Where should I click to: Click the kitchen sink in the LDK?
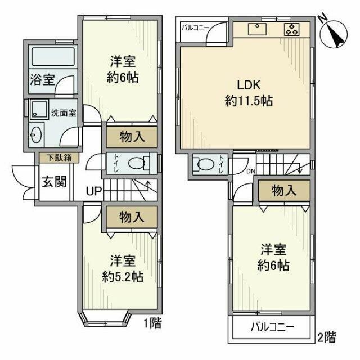(x=259, y=30)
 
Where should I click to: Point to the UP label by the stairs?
(x=93, y=191)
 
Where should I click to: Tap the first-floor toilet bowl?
(x=138, y=163)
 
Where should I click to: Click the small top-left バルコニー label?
(x=195, y=27)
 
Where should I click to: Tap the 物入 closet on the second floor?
(x=284, y=191)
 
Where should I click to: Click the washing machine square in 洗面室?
(x=39, y=110)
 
